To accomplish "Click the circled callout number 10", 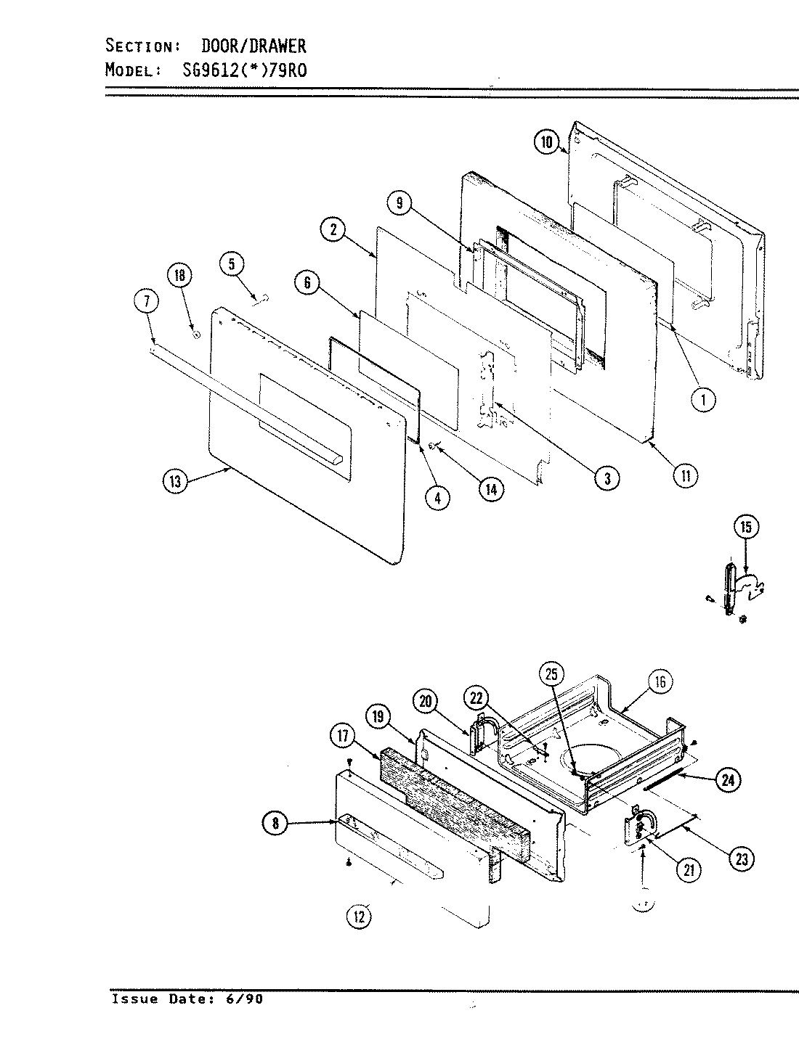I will coord(547,142).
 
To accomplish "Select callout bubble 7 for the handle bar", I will coord(146,301).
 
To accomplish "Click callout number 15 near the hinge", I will coord(746,527).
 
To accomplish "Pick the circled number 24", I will coord(726,780).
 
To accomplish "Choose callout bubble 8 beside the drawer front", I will coord(275,823).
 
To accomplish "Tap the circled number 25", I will coord(551,673).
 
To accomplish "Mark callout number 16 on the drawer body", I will coord(660,681).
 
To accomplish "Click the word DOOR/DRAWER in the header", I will coord(253,46).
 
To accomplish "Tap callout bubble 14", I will coord(491,490).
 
